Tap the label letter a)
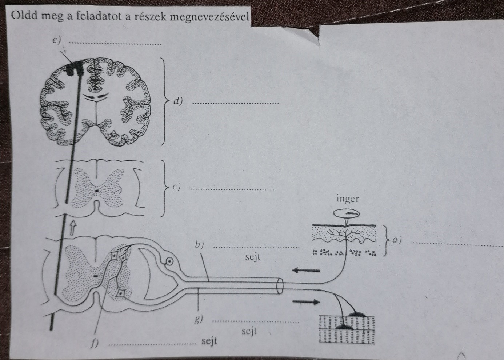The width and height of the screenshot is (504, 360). click(x=397, y=240)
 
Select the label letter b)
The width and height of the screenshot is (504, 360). click(x=199, y=245)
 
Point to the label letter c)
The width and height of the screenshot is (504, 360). click(x=176, y=187)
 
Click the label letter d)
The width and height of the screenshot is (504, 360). click(x=177, y=101)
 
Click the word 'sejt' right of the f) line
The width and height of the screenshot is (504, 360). click(x=209, y=341)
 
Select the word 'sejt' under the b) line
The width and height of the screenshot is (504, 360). click(x=253, y=257)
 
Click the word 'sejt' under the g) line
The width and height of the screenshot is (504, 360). click(x=249, y=331)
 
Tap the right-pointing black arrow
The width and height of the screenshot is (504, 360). click(x=306, y=301)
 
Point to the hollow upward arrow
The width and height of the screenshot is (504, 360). click(x=73, y=227)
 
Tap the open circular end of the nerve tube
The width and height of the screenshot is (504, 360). click(x=280, y=287)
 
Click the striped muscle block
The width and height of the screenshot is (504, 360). click(x=347, y=329)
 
